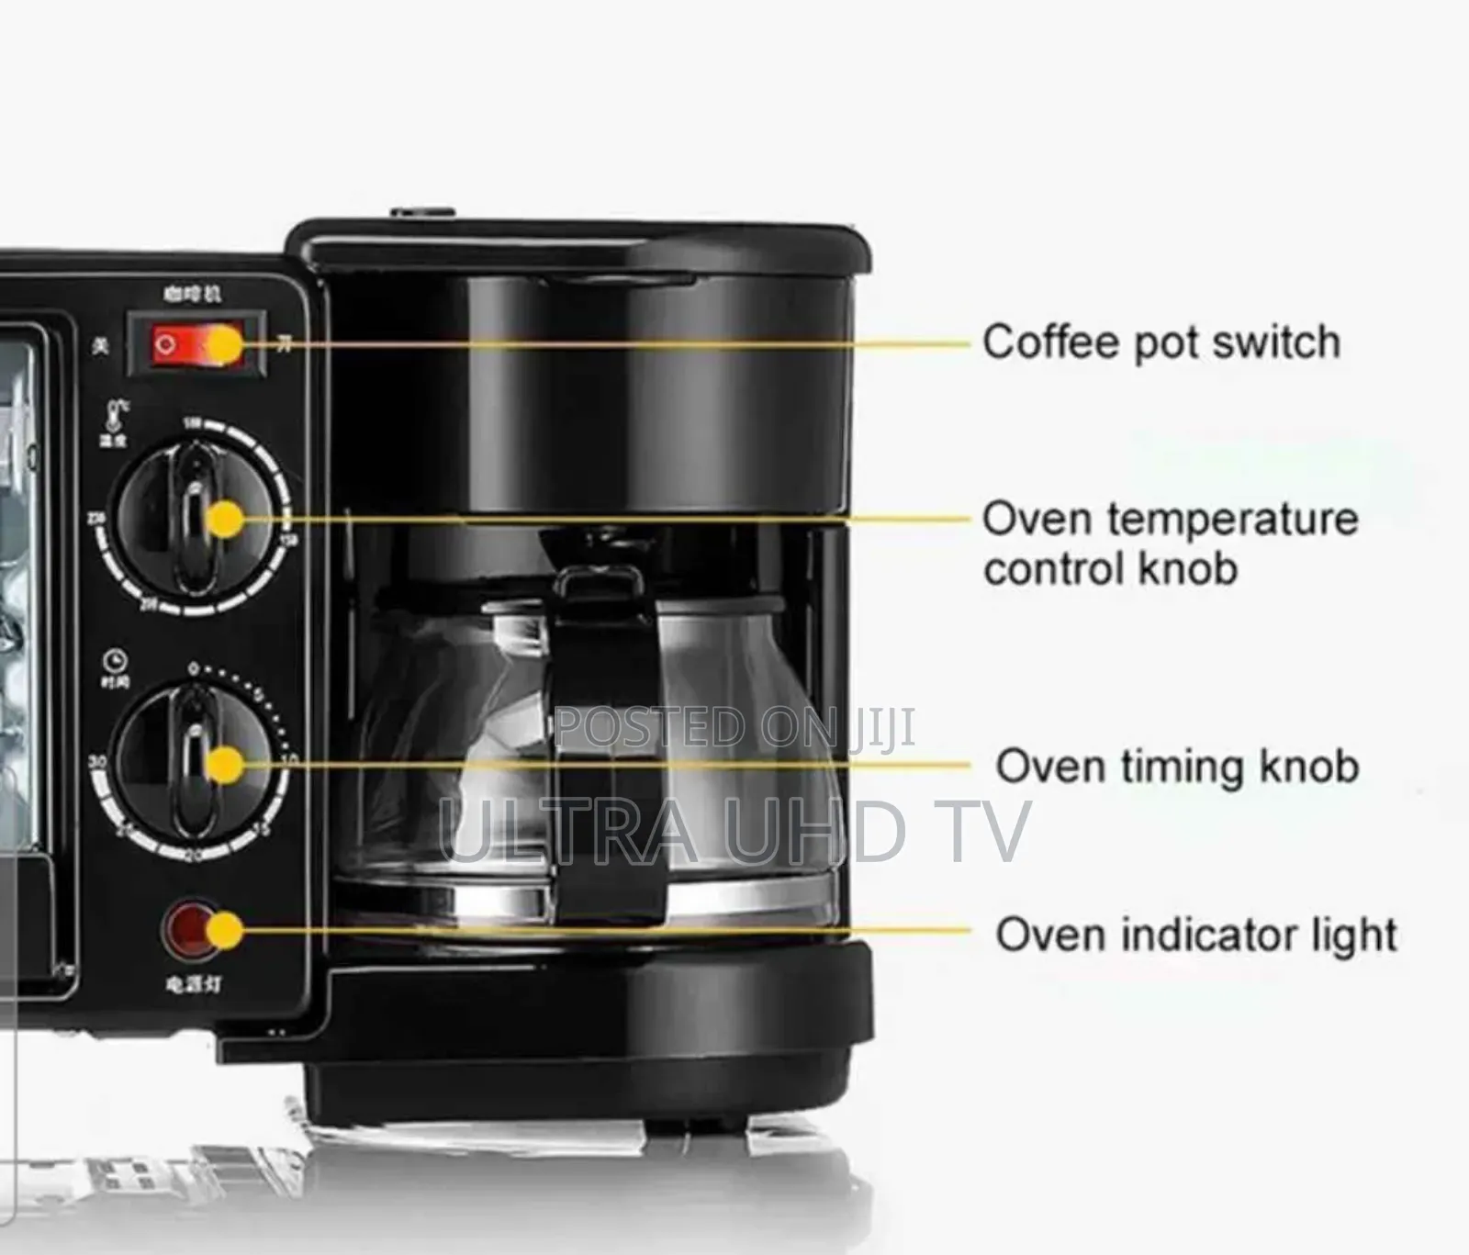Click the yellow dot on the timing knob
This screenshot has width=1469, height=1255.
(225, 765)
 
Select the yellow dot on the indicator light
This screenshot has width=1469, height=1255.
(223, 931)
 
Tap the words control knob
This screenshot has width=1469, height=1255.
(1110, 568)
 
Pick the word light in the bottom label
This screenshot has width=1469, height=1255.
(1354, 935)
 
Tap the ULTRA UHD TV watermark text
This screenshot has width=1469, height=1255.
(734, 831)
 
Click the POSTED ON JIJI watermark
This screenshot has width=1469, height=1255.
(734, 728)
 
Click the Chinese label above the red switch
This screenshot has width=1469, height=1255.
(192, 294)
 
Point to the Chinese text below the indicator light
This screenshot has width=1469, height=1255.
(193, 984)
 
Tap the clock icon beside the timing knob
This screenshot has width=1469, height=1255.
(116, 660)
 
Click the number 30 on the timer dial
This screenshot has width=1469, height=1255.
(96, 762)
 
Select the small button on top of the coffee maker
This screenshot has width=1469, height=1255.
(423, 214)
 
